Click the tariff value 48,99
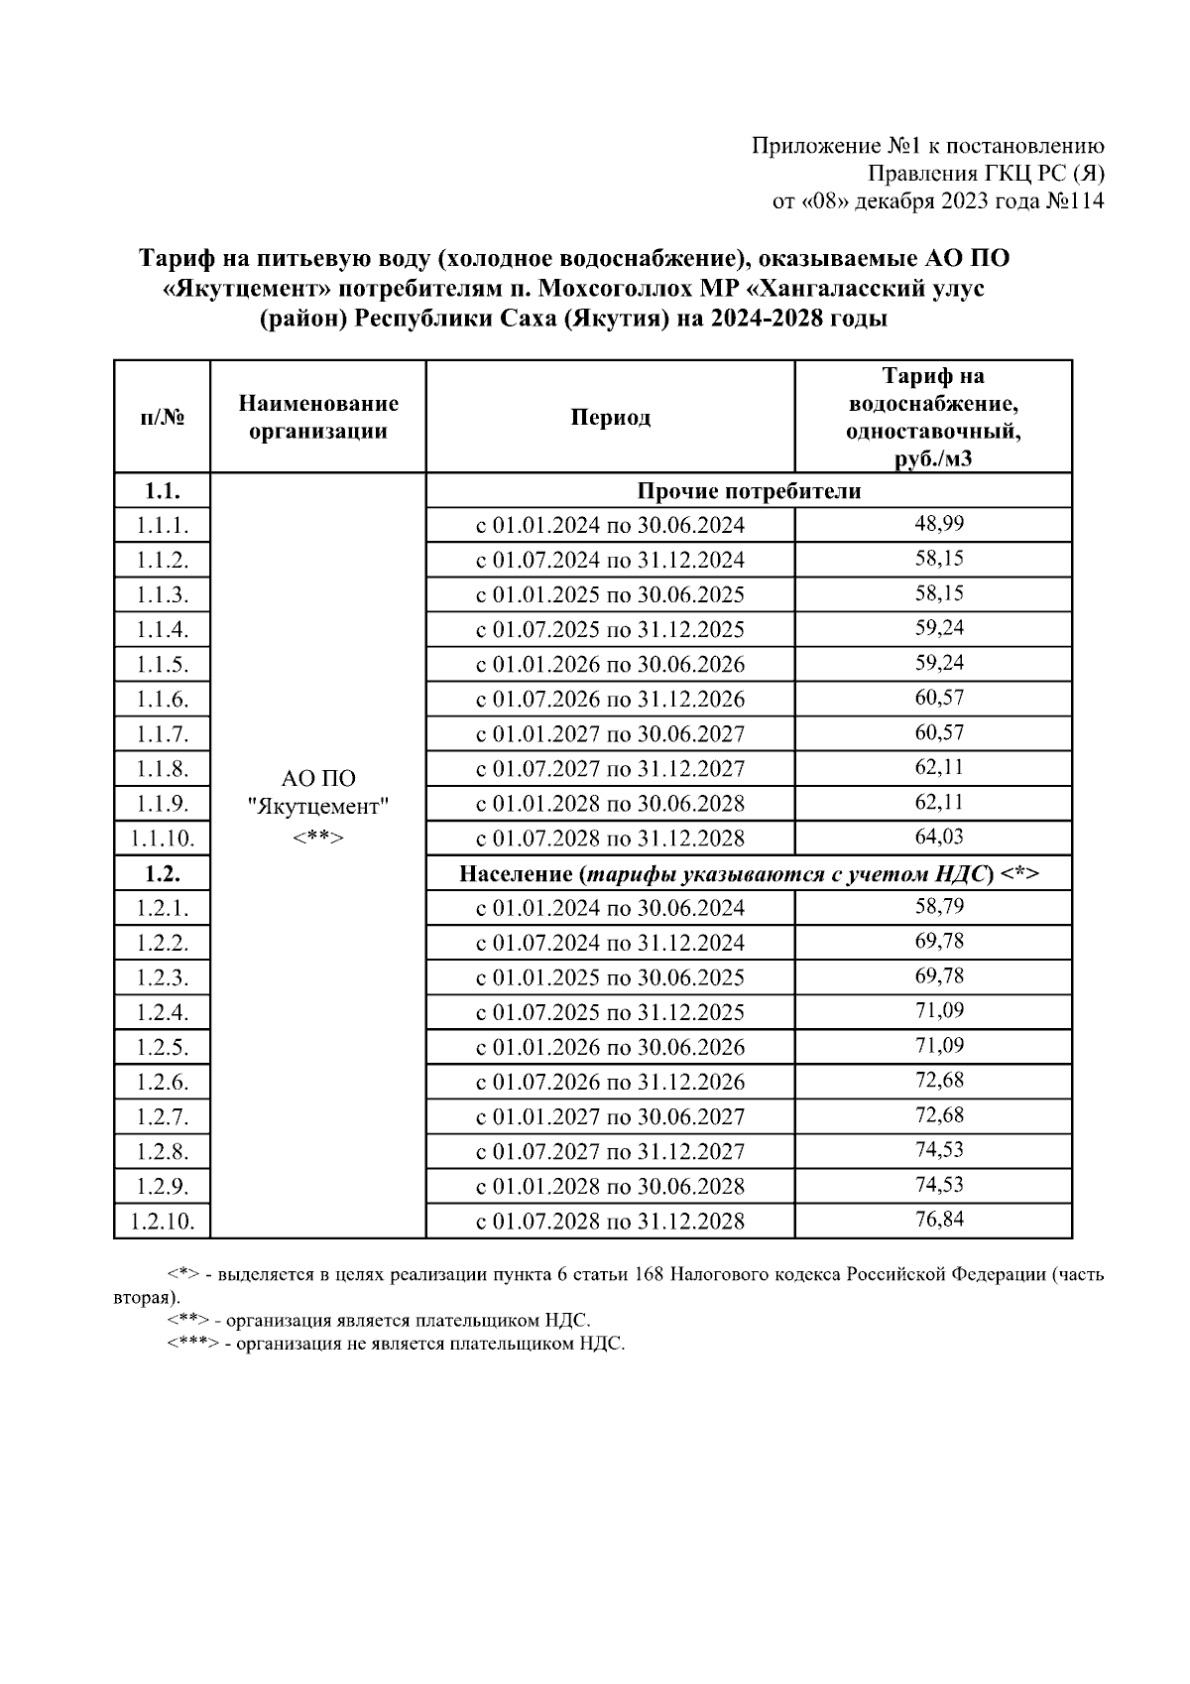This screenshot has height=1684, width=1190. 938,524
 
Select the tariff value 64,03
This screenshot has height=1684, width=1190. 938,837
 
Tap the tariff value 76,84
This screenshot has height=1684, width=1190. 938,1220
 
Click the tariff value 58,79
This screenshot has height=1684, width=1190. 938,906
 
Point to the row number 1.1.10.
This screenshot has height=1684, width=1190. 163,839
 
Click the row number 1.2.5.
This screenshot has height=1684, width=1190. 163,1047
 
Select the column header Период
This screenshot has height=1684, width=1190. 610,417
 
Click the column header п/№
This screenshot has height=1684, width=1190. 163,417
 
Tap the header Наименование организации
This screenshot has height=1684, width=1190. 318,417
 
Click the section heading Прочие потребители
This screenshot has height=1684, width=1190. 749,490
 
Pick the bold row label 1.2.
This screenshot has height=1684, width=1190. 163,873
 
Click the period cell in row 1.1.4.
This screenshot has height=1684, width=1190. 610,630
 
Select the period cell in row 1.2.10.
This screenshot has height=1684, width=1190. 610,1222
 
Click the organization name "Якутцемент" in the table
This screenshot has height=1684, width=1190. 318,807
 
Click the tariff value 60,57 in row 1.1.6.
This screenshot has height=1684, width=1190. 938,698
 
